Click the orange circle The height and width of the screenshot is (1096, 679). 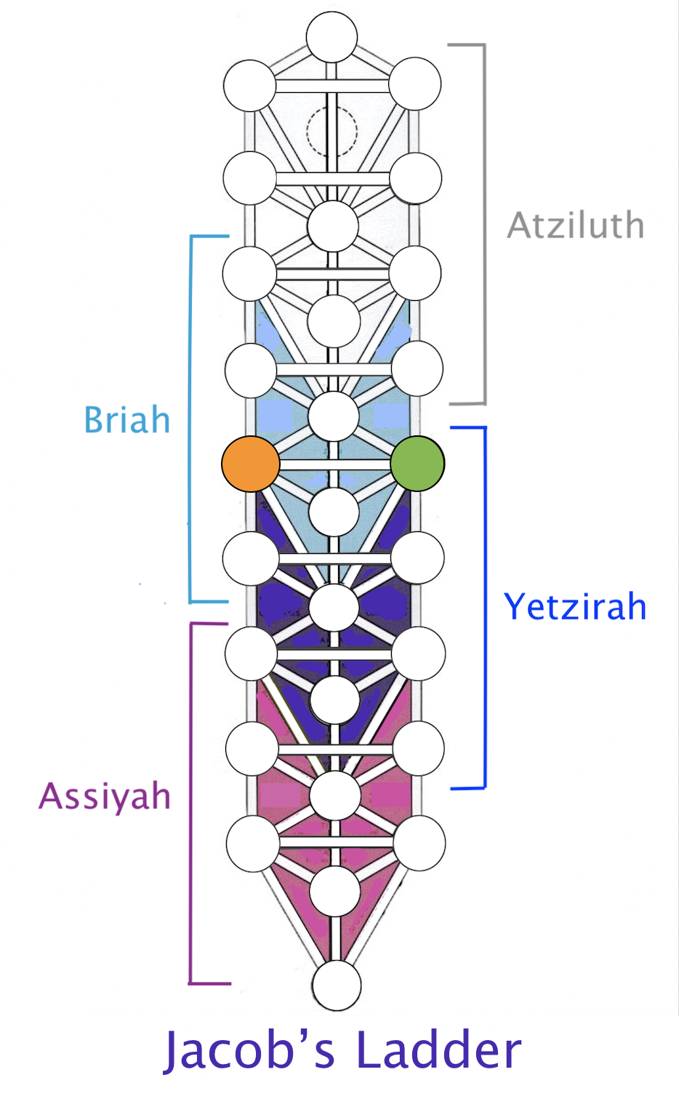point(251,464)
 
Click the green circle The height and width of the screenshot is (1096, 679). point(417,464)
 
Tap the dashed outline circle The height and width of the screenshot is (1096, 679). point(332,132)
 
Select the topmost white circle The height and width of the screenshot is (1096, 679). point(332,37)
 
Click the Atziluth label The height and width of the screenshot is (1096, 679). point(576,225)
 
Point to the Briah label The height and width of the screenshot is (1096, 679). point(127,420)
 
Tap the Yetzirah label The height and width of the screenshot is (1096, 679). point(575,606)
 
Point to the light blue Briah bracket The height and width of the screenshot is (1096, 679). point(190,419)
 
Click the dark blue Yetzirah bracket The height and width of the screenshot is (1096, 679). point(485,608)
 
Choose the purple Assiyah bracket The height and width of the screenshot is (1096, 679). point(190,803)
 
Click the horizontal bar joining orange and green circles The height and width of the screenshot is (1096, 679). point(335,464)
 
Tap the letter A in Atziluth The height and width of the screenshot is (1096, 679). point(520,225)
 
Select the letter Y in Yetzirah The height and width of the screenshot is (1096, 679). point(514,606)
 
